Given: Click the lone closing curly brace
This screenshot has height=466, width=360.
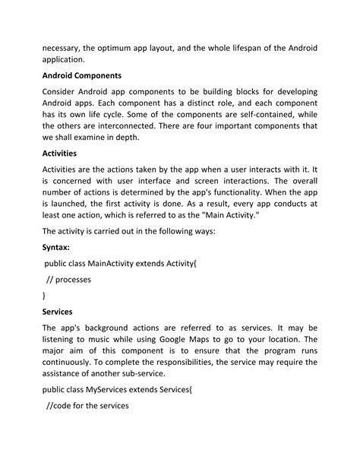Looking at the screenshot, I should (44, 295).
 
